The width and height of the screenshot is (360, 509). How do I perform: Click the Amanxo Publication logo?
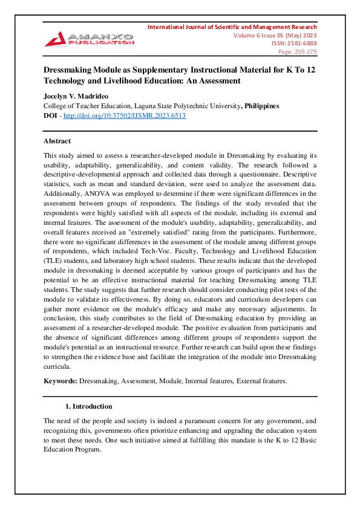pyautogui.click(x=89, y=39)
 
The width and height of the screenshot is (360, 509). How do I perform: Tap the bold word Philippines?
pyautogui.click(x=261, y=106)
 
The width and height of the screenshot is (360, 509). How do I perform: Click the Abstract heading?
pyautogui.click(x=57, y=141)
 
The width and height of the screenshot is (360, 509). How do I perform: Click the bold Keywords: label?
pyautogui.click(x=60, y=381)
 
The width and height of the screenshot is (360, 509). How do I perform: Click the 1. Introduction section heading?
pyautogui.click(x=88, y=406)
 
